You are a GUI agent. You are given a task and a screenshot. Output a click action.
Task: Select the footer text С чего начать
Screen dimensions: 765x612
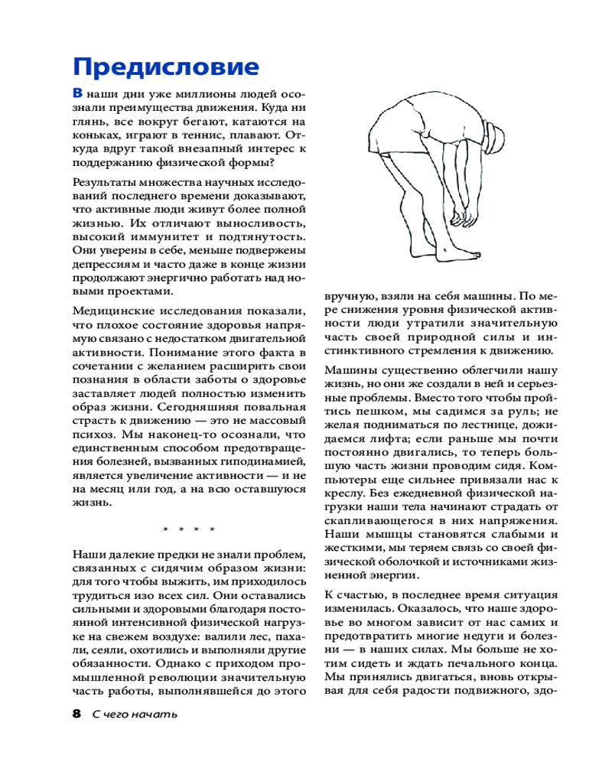click(x=135, y=715)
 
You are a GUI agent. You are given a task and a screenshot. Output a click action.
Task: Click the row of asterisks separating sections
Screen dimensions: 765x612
click(x=189, y=529)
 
